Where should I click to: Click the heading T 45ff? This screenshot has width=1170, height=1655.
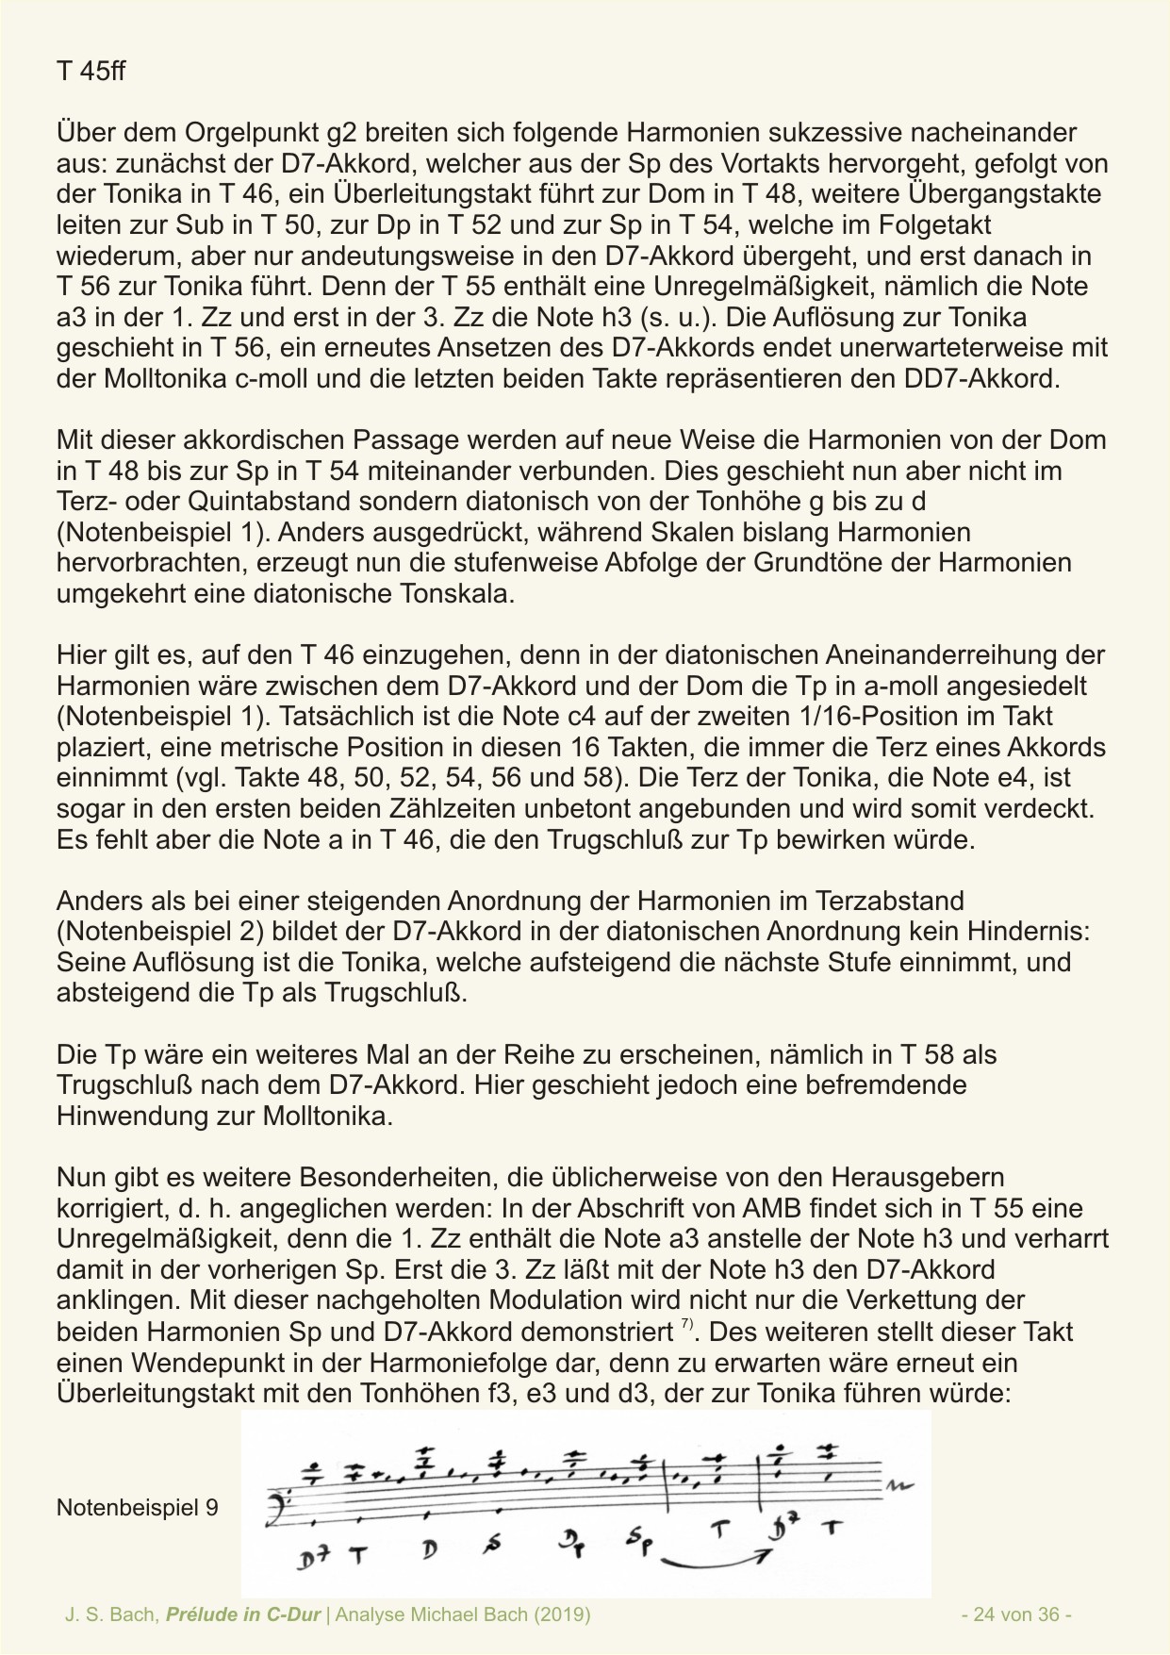click(x=91, y=72)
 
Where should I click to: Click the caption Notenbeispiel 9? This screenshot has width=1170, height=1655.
click(x=137, y=1507)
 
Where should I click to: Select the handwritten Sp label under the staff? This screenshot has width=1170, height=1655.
click(x=638, y=1543)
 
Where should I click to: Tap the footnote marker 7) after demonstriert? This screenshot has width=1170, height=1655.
click(x=686, y=1327)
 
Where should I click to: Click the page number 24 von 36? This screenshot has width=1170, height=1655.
click(x=1015, y=1614)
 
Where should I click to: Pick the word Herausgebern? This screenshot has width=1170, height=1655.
click(x=910, y=1177)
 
